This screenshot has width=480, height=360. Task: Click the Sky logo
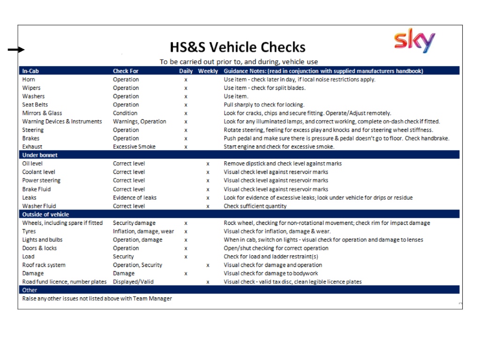coord(414,41)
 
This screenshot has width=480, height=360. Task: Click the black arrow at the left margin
coord(16,50)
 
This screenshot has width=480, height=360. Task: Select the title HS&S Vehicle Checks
coord(237,47)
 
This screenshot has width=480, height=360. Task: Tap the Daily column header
coord(186,71)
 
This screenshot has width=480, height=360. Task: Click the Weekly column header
coord(208,71)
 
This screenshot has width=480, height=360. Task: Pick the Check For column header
coord(126,71)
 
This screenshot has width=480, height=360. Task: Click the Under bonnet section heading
coord(40,155)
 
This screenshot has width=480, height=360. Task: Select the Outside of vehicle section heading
coord(45,214)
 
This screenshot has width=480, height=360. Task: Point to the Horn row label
coord(29,80)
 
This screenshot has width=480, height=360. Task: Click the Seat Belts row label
coord(35,105)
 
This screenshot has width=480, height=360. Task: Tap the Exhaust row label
coord(32,147)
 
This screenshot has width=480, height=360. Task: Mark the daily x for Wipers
coord(186,88)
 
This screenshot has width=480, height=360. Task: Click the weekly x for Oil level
coord(208,164)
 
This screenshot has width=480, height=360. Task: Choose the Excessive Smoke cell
coord(134,147)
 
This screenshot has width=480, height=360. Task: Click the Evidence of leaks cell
coord(135,197)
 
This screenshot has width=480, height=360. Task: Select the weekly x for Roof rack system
coord(208,265)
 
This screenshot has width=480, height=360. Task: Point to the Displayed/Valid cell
coord(133,282)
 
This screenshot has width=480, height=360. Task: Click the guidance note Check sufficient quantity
coord(255,206)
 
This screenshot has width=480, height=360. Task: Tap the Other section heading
coord(30,290)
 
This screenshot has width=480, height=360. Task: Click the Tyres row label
coord(29,232)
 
